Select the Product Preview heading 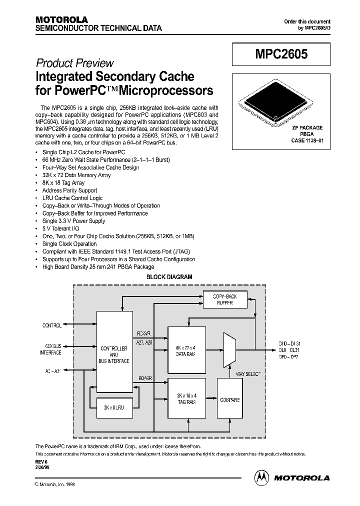click(x=75, y=63)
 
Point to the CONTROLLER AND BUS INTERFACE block click(x=114, y=354)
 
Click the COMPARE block click(x=229, y=399)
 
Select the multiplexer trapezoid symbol click(x=229, y=350)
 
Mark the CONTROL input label click(x=51, y=325)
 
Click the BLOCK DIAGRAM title click(x=169, y=276)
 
